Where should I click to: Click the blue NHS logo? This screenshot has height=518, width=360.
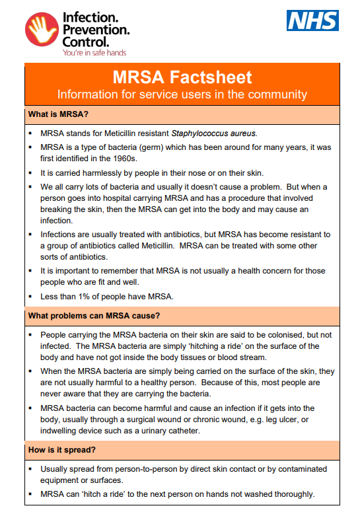click(x=312, y=20)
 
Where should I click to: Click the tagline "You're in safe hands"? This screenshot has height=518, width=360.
click(x=93, y=52)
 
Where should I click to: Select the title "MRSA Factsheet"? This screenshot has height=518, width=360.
click(x=182, y=77)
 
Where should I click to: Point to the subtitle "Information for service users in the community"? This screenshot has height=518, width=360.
click(x=182, y=94)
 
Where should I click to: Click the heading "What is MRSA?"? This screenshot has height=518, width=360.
click(x=58, y=114)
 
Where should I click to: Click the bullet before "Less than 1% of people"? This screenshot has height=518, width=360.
click(x=31, y=297)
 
